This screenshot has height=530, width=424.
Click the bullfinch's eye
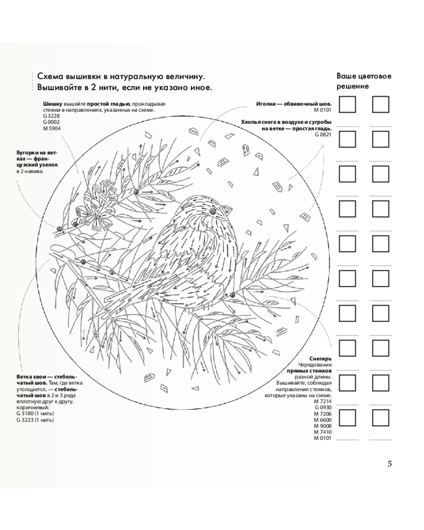(213, 211)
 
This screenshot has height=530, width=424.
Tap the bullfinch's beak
(227, 209)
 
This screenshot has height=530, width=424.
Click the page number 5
(390, 464)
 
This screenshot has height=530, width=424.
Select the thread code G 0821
(323, 134)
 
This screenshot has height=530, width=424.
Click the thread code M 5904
(52, 128)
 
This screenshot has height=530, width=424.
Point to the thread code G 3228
(52, 116)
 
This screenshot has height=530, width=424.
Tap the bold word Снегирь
(321, 359)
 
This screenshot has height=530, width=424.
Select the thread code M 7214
(323, 402)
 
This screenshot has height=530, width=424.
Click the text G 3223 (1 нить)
(35, 420)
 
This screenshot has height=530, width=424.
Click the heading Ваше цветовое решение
(364, 81)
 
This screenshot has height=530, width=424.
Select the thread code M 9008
(323, 426)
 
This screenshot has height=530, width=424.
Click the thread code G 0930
(323, 408)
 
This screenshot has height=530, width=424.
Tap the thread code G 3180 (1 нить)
(35, 413)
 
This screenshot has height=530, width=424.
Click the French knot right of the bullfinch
(233, 295)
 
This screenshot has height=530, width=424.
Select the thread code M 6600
(323, 420)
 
